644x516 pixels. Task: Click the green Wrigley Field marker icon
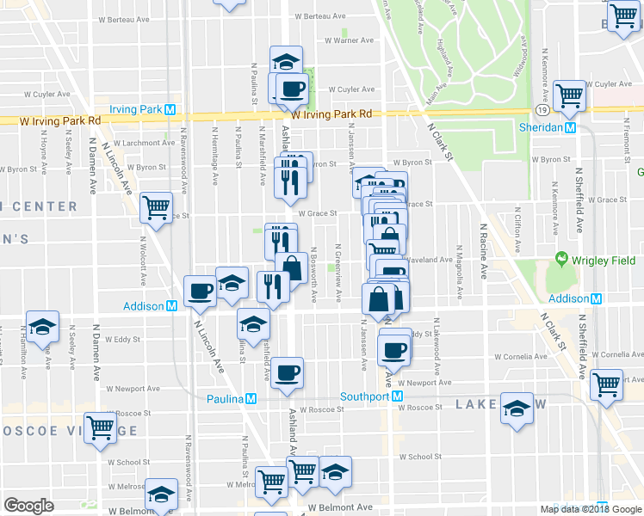click(562, 258)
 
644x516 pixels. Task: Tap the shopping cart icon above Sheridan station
click(569, 96)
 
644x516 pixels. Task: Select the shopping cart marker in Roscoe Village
click(100, 427)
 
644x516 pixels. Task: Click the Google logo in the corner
click(28, 506)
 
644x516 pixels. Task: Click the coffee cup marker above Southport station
click(395, 348)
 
